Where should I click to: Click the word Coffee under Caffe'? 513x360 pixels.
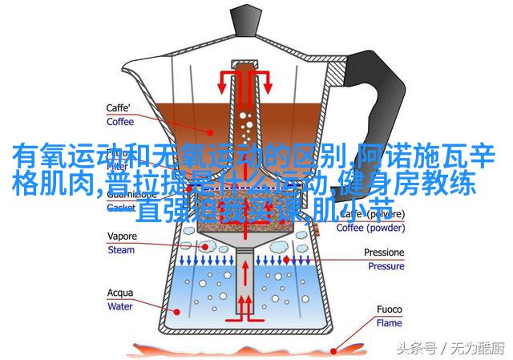121,123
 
